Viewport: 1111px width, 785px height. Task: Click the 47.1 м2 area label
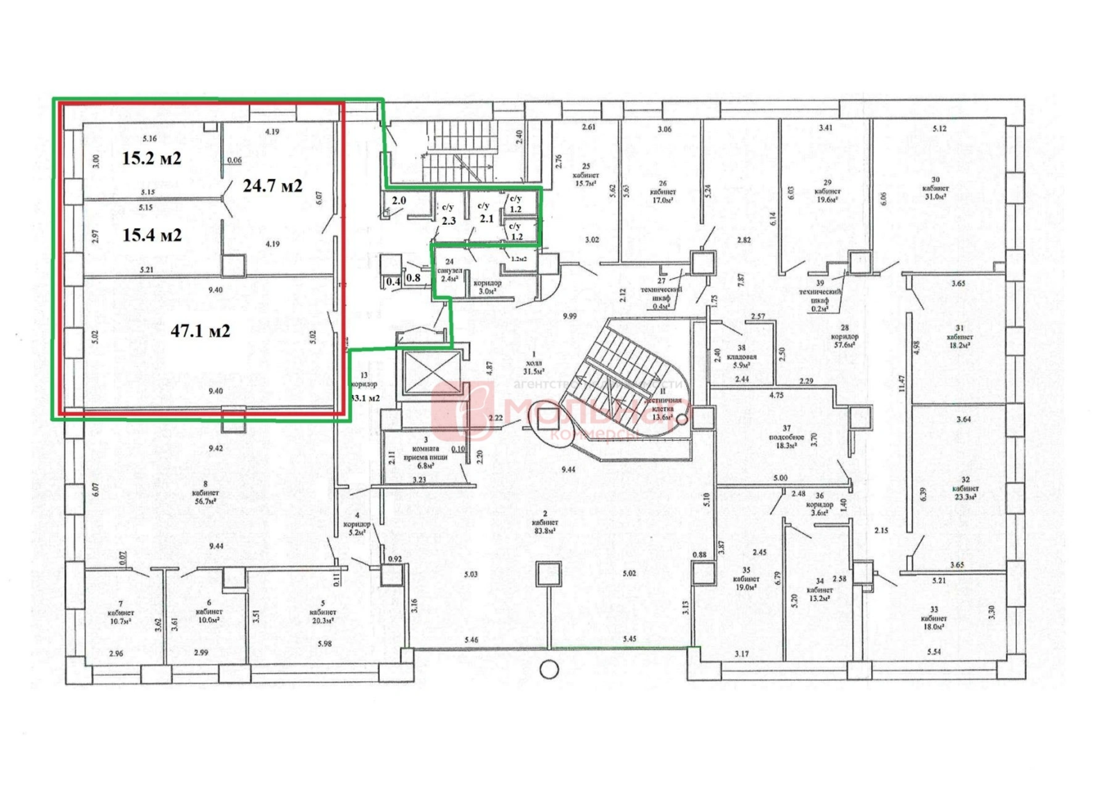pyautogui.click(x=200, y=331)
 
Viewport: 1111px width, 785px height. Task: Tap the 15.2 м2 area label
pyautogui.click(x=151, y=158)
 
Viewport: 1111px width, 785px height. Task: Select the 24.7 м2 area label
pyautogui.click(x=272, y=185)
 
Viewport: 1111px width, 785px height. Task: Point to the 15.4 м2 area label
pyautogui.click(x=152, y=235)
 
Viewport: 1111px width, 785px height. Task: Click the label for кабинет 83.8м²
pyautogui.click(x=545, y=522)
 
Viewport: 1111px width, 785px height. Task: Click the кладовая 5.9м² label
pyautogui.click(x=742, y=356)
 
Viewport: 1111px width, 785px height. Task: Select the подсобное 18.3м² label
pyautogui.click(x=786, y=437)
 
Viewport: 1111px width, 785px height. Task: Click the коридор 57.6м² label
pyautogui.click(x=844, y=336)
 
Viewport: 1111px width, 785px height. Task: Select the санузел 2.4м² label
pyautogui.click(x=449, y=270)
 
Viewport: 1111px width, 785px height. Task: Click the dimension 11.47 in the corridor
pyautogui.click(x=901, y=383)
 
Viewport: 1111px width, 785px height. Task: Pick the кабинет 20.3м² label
pyautogui.click(x=323, y=612)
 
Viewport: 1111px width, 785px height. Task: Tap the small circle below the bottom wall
pyautogui.click(x=549, y=670)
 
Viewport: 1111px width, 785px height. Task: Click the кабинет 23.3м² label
pyautogui.click(x=965, y=488)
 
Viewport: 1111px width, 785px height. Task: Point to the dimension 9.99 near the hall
pyautogui.click(x=569, y=316)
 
